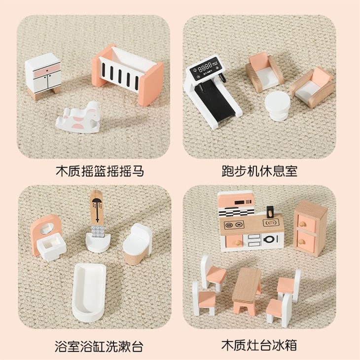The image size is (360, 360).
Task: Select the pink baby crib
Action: click(x=128, y=72)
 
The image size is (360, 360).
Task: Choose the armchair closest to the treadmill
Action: click(x=264, y=71)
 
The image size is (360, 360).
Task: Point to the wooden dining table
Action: click(x=248, y=289)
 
